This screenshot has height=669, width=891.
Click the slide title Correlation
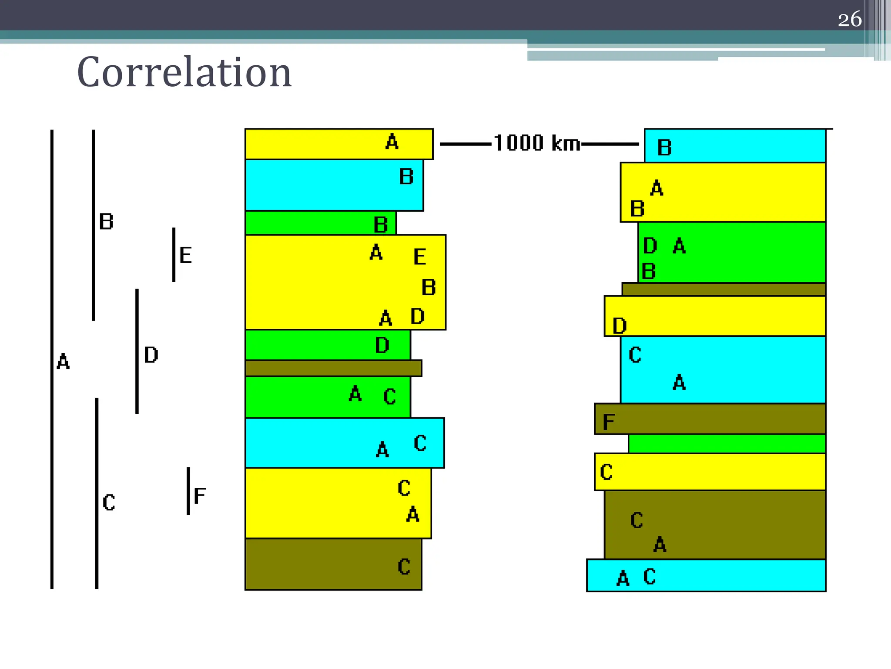[x=184, y=72]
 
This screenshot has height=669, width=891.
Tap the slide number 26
[x=849, y=20]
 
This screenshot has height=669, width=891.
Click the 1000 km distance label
[x=537, y=143]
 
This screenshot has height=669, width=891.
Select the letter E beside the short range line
[x=185, y=255]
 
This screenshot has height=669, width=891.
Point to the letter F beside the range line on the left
[x=200, y=496]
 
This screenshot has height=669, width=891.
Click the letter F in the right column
[x=609, y=422]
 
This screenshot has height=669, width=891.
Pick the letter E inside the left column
[x=419, y=257]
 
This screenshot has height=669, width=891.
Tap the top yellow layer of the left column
[x=313, y=144]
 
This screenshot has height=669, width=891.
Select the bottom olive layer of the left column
[x=313, y=564]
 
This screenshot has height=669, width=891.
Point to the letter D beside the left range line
[x=151, y=355]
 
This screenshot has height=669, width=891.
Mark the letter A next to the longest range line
[x=63, y=362]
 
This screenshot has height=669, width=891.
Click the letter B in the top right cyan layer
[x=664, y=148]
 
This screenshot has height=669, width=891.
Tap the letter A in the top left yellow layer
[x=392, y=142]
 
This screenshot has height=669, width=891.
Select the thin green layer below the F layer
[x=727, y=444]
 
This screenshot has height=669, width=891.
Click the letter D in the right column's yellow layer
[x=620, y=326]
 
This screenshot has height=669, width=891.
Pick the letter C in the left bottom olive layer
[x=404, y=567]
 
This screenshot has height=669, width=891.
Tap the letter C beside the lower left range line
[x=109, y=502]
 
